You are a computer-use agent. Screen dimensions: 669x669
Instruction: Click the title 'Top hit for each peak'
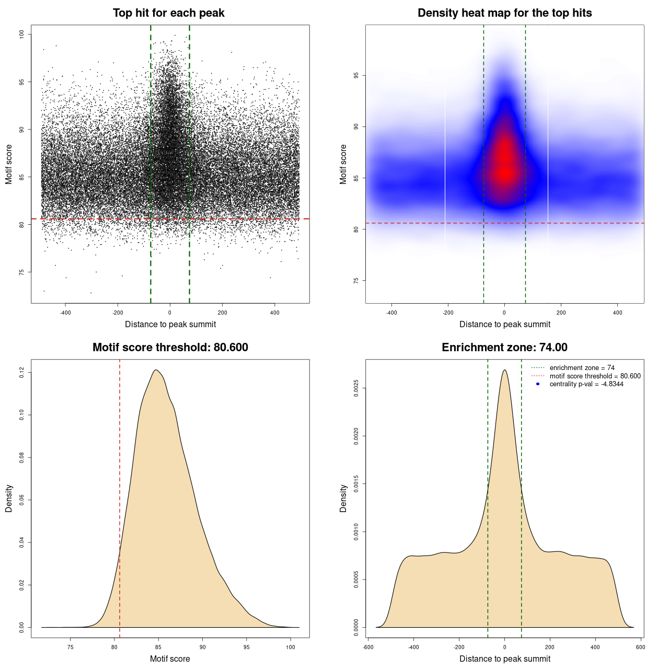tap(168, 13)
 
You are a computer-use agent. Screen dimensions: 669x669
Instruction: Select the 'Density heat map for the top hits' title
tap(504, 13)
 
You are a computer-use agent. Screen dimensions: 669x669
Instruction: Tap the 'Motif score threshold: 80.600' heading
tap(170, 348)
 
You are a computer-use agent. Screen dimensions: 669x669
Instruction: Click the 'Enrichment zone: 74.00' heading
tap(504, 348)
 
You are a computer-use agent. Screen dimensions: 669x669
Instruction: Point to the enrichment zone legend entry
tap(582, 368)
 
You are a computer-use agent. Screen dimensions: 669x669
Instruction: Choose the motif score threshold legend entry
tap(595, 376)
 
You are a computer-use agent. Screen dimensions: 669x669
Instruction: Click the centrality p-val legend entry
tap(586, 384)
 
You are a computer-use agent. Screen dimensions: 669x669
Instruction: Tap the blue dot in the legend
tap(538, 384)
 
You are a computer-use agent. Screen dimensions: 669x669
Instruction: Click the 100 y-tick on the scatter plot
tap(21, 34)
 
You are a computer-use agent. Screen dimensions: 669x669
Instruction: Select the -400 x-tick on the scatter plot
tap(65, 313)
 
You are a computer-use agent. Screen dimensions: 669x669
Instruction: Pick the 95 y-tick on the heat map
tap(356, 75)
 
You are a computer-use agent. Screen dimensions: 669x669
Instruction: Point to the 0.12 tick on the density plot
tap(21, 373)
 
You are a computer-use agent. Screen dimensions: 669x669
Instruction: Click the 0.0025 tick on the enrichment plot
tap(356, 388)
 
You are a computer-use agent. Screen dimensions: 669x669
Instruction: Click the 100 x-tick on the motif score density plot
tap(291, 647)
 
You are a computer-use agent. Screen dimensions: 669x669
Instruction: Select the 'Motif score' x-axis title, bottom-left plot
tap(170, 659)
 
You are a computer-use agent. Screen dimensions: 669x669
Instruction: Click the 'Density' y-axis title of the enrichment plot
tap(343, 498)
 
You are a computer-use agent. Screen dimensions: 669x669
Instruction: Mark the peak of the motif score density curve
tap(156, 370)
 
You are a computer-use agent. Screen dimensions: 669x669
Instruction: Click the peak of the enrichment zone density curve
tap(504, 370)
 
